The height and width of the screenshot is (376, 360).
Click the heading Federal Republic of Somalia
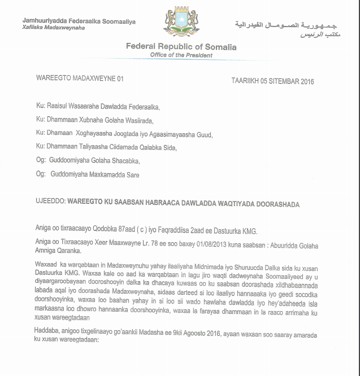[181, 47]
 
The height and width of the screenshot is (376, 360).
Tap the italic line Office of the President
[181, 55]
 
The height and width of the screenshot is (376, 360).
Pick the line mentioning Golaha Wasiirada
[94, 120]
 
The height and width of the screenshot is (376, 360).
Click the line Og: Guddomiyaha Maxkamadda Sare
[87, 175]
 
